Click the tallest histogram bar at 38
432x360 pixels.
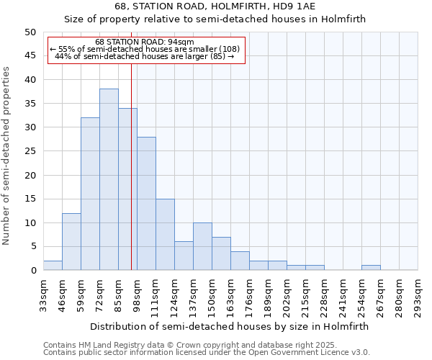click(x=109, y=179)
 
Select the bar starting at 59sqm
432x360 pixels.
click(x=90, y=194)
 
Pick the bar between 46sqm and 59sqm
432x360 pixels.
click(x=71, y=241)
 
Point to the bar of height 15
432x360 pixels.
click(x=165, y=234)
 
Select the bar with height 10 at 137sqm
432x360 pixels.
click(x=202, y=246)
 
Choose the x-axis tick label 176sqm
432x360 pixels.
click(x=249, y=294)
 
